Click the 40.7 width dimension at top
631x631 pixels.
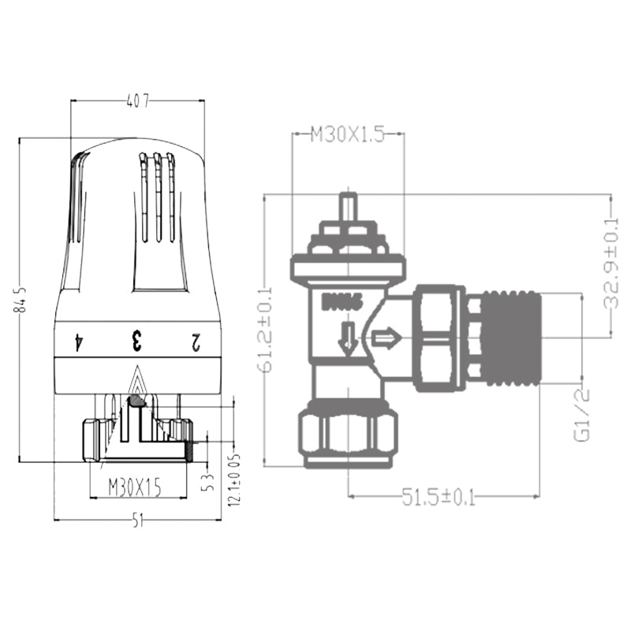(x=137, y=101)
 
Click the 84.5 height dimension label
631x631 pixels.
(x=23, y=301)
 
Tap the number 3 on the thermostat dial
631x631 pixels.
(x=136, y=342)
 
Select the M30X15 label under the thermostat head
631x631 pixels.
(x=135, y=488)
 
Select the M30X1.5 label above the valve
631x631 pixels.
(x=347, y=135)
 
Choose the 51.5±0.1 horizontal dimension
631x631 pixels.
(x=439, y=498)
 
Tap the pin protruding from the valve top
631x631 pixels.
(x=348, y=207)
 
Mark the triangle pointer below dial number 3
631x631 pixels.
(x=137, y=382)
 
